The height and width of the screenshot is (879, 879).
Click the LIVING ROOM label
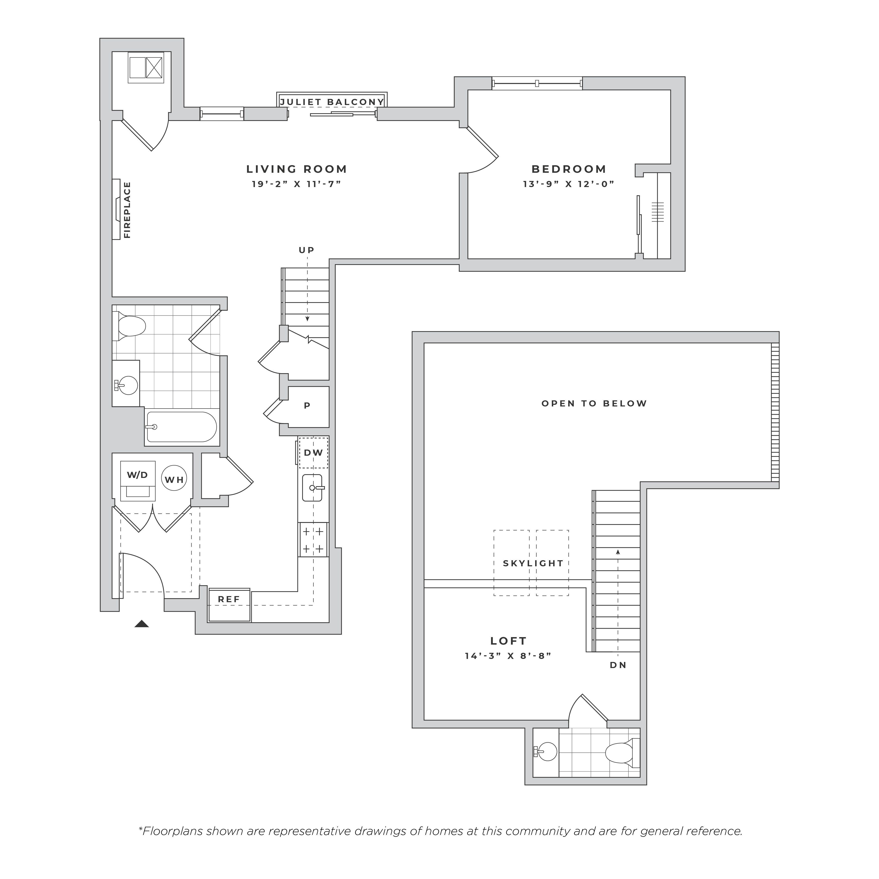click(297, 169)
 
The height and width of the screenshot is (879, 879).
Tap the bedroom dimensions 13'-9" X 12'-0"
click(569, 184)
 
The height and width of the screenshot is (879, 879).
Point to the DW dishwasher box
click(313, 453)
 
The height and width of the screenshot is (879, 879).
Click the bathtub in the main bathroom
click(181, 427)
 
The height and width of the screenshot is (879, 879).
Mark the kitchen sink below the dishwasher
click(312, 488)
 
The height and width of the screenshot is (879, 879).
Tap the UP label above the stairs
click(307, 250)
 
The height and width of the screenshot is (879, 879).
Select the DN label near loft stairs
click(618, 665)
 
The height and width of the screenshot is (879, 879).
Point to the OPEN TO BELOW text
click(594, 404)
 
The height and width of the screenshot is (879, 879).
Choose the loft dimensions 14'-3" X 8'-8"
click(508, 656)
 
